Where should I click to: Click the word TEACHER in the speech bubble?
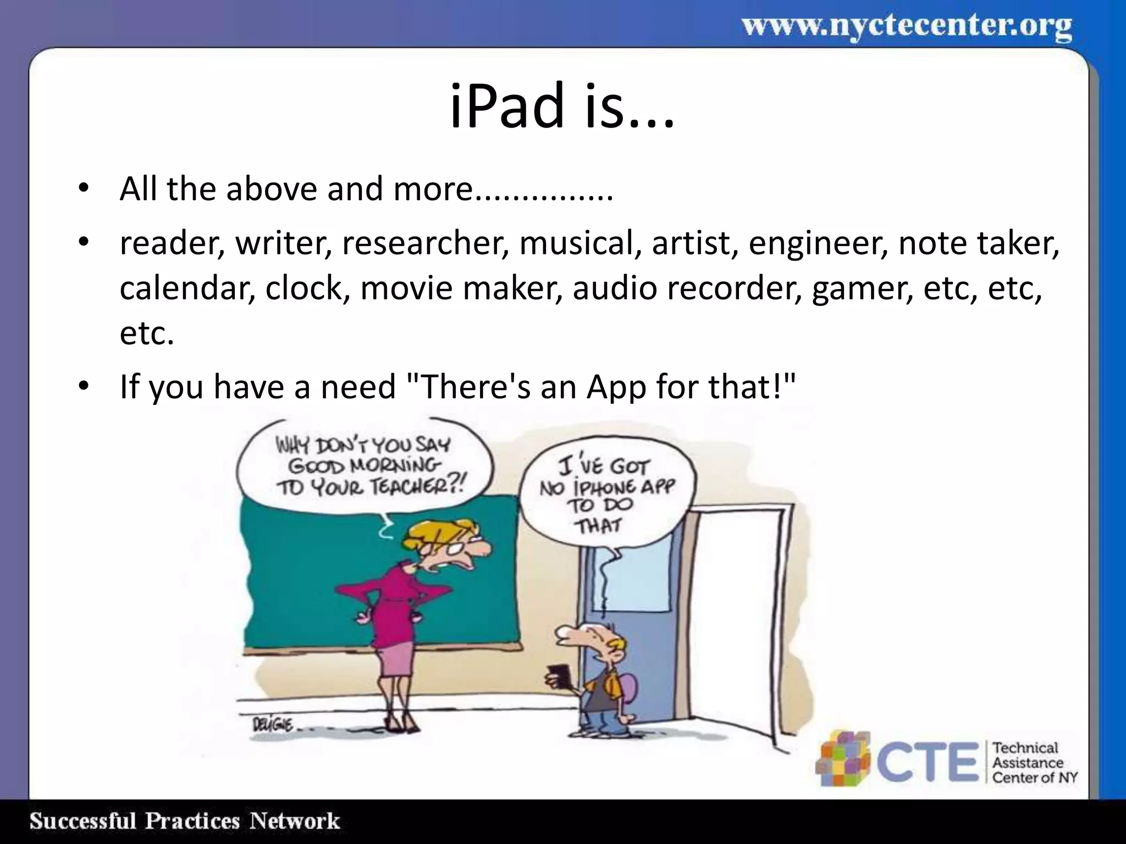[x=419, y=486]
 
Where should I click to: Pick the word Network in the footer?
[x=295, y=821]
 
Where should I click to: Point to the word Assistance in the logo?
[x=1027, y=763]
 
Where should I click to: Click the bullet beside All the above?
[x=83, y=188]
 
